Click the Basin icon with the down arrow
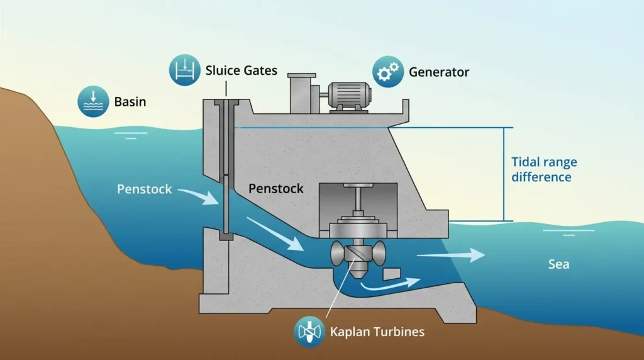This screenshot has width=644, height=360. click(93, 101)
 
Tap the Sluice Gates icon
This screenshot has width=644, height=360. click(185, 70)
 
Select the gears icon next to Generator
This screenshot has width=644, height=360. click(388, 72)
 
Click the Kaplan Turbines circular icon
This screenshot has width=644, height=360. click(309, 332)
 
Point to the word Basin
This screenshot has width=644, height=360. click(130, 101)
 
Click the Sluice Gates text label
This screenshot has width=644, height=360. click(241, 70)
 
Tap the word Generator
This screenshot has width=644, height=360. click(438, 72)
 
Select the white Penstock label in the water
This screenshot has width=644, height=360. click(144, 189)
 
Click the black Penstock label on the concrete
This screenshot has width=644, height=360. click(276, 189)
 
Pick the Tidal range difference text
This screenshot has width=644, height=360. click(544, 169)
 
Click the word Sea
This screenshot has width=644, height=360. click(558, 264)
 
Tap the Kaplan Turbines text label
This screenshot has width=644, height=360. click(377, 332)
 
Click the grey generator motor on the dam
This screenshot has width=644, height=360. click(348, 96)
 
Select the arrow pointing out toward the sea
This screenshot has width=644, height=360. click(451, 255)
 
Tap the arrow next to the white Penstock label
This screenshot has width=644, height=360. click(198, 196)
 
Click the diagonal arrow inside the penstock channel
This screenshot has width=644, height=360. click(276, 234)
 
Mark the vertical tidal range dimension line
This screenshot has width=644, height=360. click(504, 174)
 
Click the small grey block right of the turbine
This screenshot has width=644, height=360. click(392, 274)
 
